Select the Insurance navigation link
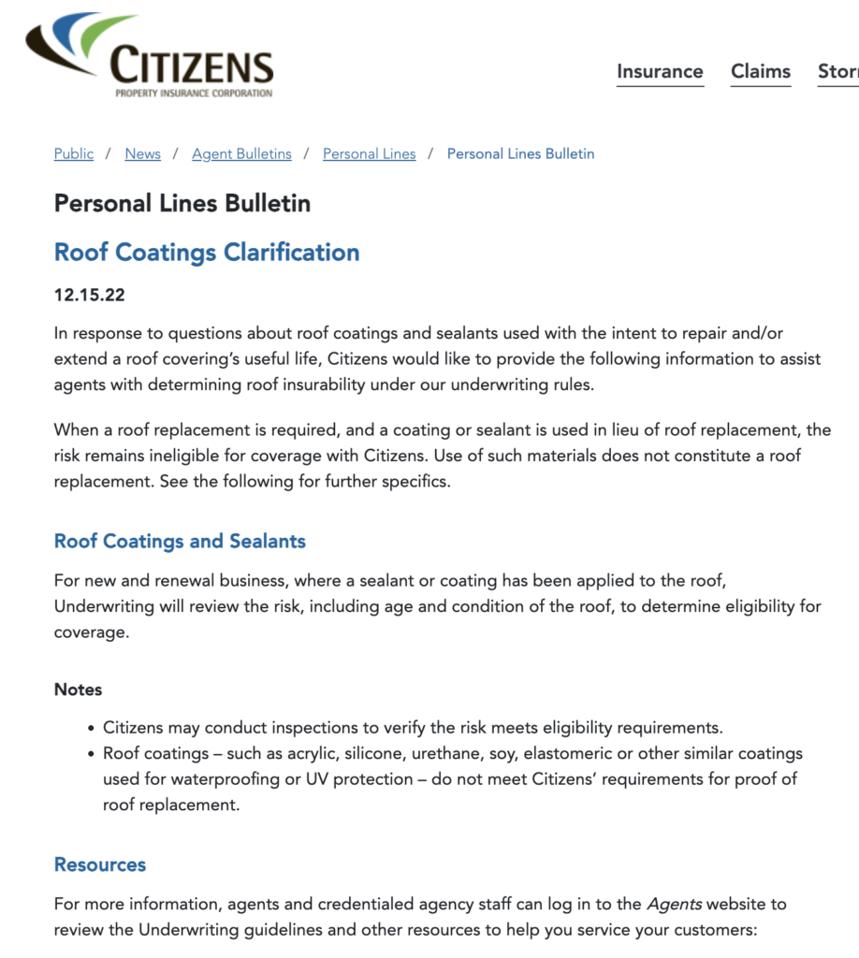click(660, 71)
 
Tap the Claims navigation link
click(761, 71)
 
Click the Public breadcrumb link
click(74, 153)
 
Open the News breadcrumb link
click(142, 153)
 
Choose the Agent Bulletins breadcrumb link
click(241, 153)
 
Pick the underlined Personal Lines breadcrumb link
click(369, 153)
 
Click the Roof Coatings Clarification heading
click(207, 253)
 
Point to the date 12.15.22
click(90, 296)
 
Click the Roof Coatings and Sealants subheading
click(180, 541)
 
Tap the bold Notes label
click(78, 689)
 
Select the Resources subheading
click(100, 864)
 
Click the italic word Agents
click(674, 905)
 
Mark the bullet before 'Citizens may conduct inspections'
click(91, 728)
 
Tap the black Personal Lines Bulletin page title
click(182, 203)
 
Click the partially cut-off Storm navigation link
click(837, 71)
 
